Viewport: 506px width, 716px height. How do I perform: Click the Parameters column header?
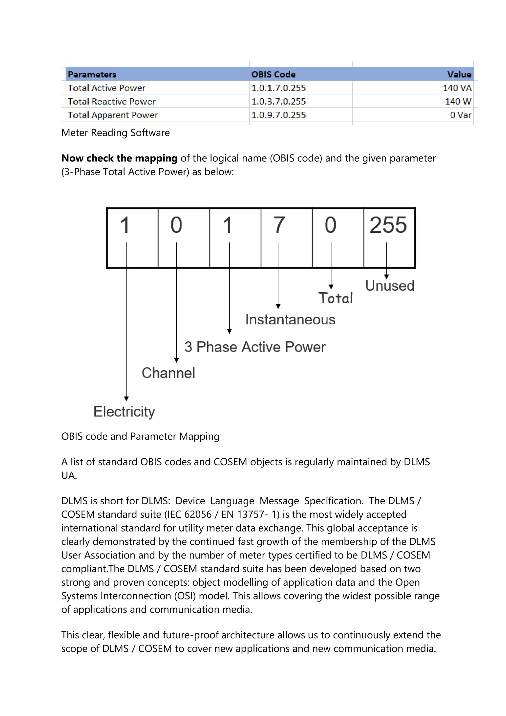point(92,74)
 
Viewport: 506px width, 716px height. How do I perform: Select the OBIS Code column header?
point(273,74)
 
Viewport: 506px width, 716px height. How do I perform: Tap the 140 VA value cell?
point(457,88)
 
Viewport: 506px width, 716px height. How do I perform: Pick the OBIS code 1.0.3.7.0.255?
point(278,101)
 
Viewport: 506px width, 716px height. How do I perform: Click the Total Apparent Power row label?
point(113,115)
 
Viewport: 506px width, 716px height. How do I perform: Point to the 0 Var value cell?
point(460,115)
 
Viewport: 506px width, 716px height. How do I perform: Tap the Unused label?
point(389,286)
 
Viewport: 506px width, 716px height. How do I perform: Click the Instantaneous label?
point(290,320)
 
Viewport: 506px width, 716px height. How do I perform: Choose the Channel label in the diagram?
point(168,373)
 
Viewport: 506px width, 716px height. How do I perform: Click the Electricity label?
point(124,412)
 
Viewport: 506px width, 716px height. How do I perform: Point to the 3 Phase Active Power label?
point(255,347)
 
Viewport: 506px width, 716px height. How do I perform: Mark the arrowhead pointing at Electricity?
point(126,399)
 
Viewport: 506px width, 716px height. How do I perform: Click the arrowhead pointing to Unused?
point(386,277)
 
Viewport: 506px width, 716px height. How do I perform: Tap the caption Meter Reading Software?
point(116,133)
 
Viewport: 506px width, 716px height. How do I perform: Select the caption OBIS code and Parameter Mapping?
point(140,436)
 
